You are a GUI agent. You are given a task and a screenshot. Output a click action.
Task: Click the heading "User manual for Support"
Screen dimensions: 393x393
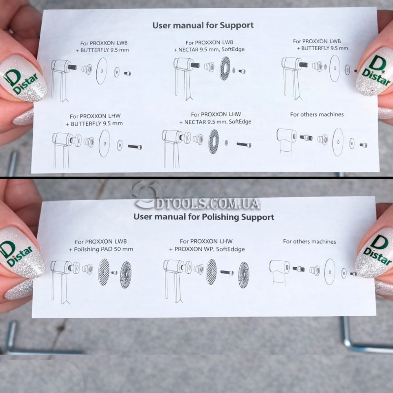[203, 25]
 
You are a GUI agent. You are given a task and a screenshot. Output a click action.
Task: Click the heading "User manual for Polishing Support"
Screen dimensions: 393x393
[204, 217]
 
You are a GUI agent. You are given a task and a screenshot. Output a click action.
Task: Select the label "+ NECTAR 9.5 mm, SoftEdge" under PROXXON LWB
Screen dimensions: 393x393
[209, 50]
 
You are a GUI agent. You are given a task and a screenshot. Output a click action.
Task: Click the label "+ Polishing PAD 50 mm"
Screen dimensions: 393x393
[101, 249]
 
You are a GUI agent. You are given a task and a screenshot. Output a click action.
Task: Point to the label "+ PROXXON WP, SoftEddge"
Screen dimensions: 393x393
[207, 249]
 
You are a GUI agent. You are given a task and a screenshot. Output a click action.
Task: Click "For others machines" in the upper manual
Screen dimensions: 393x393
[317, 114]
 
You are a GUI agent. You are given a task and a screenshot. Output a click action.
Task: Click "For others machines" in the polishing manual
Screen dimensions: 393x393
[309, 241]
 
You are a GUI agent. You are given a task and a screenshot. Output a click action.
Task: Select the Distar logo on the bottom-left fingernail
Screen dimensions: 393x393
[16, 253]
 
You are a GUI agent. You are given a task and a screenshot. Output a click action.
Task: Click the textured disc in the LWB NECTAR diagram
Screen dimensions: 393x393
[225, 68]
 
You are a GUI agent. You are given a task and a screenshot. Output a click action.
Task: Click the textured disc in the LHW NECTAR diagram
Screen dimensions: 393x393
[213, 141]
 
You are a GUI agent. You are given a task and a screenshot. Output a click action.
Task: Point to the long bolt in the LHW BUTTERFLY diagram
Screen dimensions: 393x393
[135, 147]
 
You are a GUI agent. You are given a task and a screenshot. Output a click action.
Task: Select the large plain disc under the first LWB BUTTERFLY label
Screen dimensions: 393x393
[101, 71]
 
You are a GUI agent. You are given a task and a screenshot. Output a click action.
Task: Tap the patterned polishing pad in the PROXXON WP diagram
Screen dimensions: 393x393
[244, 275]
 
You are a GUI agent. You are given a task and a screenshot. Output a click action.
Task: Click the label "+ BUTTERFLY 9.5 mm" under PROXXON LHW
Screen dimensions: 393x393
[94, 123]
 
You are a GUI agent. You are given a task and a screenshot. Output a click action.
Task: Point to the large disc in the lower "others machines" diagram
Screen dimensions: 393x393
[330, 272]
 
